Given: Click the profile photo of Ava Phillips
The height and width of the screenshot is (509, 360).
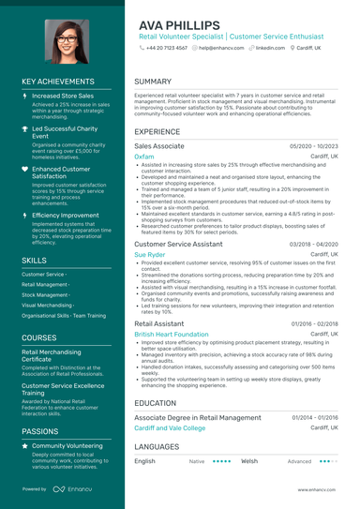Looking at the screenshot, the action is [x=60, y=41].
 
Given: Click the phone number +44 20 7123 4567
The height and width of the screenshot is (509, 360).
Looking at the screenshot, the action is [x=167, y=47].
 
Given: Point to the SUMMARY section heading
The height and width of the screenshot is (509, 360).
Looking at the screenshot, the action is [x=153, y=82].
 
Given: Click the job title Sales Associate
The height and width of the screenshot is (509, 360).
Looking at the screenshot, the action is [x=159, y=147].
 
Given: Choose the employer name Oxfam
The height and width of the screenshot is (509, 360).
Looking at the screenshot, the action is [x=143, y=157].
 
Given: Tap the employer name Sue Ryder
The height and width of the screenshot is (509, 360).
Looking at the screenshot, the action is [x=149, y=254].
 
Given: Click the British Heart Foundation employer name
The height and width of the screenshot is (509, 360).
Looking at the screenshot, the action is [x=172, y=334].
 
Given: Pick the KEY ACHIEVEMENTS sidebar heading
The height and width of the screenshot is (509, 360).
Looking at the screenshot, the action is [x=61, y=82].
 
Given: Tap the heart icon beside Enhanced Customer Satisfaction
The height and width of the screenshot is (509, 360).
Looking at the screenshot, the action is [x=25, y=169].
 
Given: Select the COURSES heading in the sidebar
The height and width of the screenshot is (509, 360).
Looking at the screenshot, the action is [x=39, y=337].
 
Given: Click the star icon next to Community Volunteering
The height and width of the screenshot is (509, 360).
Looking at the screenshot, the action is [x=25, y=446].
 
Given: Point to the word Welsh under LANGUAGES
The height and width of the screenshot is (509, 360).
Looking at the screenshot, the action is [x=249, y=461].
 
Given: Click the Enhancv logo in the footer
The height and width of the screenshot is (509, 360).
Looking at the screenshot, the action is [x=73, y=489].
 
